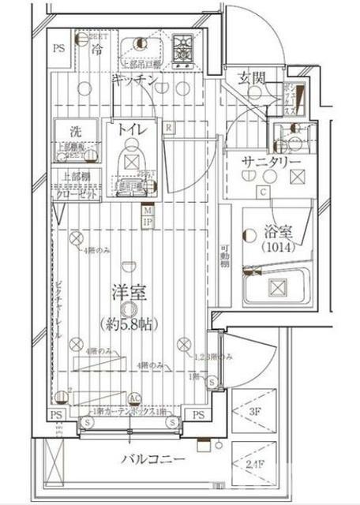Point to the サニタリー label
pos(271,162)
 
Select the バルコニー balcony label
pos(153,458)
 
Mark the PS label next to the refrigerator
pos(58,49)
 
